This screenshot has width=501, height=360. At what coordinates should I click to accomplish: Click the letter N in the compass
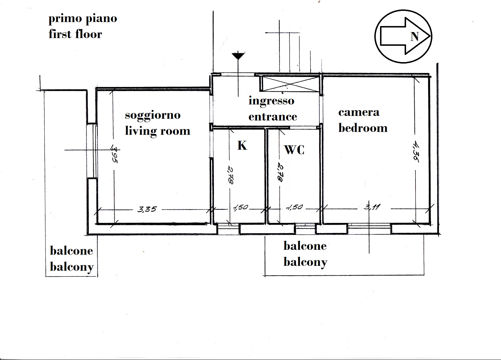pyautogui.click(x=415, y=37)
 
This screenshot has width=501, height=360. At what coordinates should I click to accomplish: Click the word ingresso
pyautogui.click(x=271, y=101)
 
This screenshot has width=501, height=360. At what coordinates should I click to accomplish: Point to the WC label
pyautogui.click(x=294, y=150)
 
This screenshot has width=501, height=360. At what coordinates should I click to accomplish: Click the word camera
pyautogui.click(x=359, y=112)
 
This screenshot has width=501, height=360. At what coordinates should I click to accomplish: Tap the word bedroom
pyautogui.click(x=363, y=128)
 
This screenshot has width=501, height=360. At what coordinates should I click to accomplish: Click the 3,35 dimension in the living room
pyautogui.click(x=147, y=209)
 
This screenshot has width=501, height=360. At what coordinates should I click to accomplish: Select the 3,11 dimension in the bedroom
pyautogui.click(x=372, y=207)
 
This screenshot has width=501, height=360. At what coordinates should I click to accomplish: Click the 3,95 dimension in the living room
pyautogui.click(x=115, y=155)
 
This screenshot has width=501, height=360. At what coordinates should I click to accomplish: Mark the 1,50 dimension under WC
pyautogui.click(x=295, y=207)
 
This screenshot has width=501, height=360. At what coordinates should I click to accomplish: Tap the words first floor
pyautogui.click(x=75, y=34)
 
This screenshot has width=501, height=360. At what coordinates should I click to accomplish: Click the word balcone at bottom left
pyautogui.click(x=71, y=251)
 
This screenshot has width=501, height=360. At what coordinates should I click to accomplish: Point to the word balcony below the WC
pyautogui.click(x=305, y=262)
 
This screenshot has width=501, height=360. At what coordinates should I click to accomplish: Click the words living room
pyautogui.click(x=158, y=131)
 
